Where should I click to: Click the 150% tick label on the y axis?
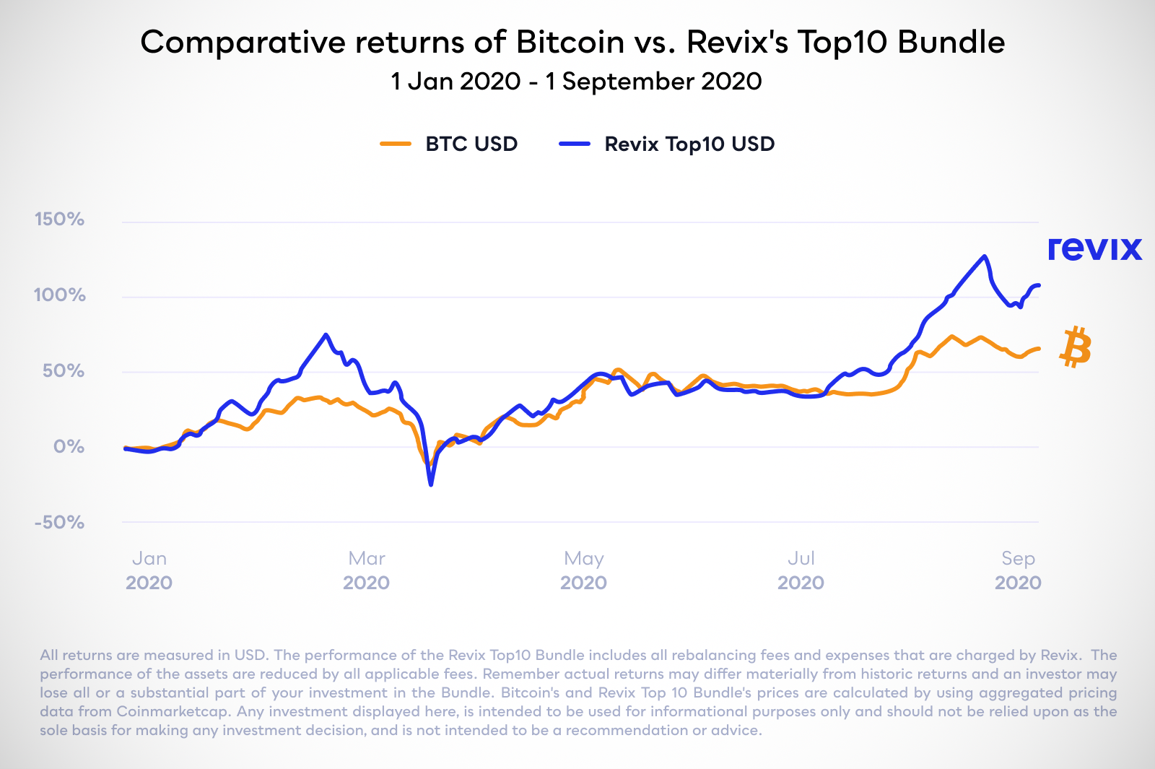(59, 219)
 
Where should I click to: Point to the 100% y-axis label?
(59, 295)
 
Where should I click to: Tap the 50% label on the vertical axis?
(63, 370)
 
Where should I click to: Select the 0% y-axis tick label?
(69, 446)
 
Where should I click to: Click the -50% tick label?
(59, 522)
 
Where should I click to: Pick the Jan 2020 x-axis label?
(149, 570)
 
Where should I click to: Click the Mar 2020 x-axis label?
(366, 570)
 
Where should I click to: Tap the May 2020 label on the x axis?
(583, 570)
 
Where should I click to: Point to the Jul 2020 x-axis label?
(801, 570)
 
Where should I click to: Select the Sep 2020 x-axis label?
(1018, 570)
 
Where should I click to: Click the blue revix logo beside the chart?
(1094, 248)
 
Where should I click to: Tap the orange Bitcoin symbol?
(1076, 347)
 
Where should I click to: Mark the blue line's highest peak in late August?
(984, 256)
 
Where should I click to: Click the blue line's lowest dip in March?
(431, 484)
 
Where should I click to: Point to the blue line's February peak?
(326, 334)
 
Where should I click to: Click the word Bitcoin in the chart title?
(570, 42)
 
